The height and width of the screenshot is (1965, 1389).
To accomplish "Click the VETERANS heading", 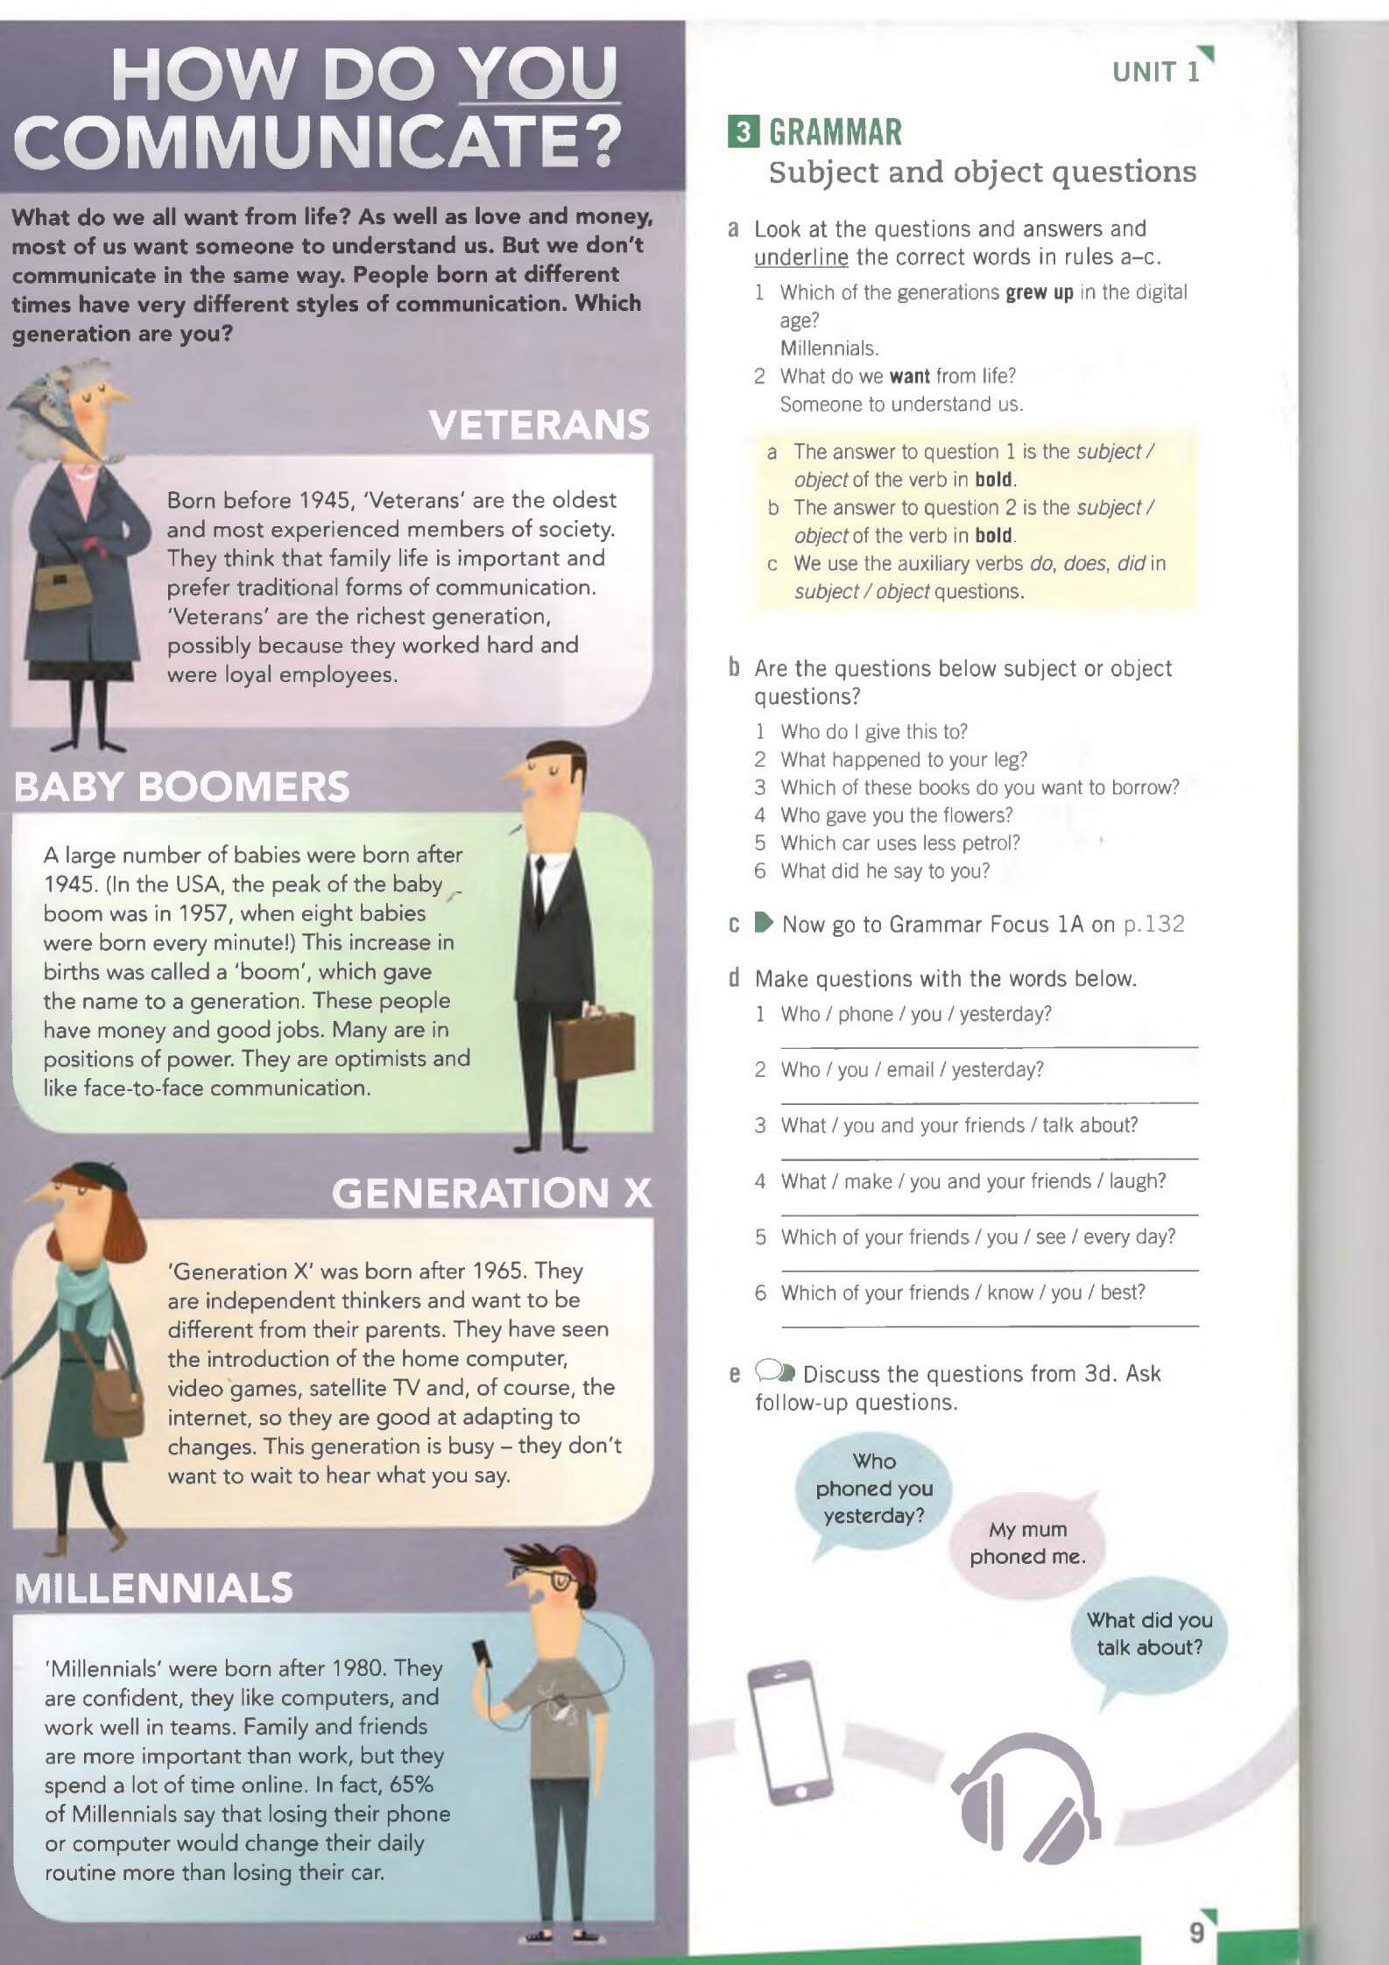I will pos(539,425).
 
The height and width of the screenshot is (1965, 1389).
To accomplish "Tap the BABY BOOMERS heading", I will pos(181,786).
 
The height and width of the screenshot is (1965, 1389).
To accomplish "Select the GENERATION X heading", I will pos(491,1193).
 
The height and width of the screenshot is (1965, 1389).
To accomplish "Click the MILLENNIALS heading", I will pos(154,1588).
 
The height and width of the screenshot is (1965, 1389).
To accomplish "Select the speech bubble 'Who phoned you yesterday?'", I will pos(874,1489).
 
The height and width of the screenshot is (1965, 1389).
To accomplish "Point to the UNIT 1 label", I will pos(1156,72).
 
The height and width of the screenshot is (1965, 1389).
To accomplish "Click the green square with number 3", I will pos(744,132).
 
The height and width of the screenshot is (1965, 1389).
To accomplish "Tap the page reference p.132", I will pos(1153,924).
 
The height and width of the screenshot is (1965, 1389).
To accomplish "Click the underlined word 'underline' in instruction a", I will pos(801,257).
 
